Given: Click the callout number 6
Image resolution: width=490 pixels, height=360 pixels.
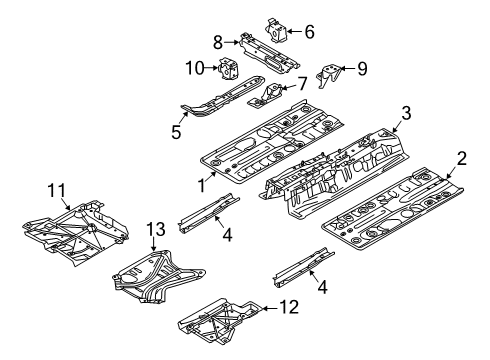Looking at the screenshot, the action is [x=310, y=32].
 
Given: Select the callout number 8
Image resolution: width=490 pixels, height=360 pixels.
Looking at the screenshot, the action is [x=218, y=43].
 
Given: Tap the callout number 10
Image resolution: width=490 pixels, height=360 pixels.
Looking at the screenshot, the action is [x=195, y=68].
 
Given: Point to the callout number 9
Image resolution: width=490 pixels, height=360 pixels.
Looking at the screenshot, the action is [x=362, y=69].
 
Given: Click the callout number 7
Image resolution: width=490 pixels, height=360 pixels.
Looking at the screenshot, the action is [x=302, y=84].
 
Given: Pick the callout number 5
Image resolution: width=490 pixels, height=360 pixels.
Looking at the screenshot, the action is [x=176, y=132].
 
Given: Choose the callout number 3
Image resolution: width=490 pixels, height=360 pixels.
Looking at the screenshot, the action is [x=406, y=113].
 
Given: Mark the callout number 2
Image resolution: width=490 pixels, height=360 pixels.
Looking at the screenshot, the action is [x=462, y=158].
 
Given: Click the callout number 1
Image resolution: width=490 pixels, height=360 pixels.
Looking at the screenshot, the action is [x=202, y=185].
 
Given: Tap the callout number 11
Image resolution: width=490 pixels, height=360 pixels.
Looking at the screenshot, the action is [x=57, y=191].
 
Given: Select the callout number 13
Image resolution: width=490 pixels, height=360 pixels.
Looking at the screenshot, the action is [x=156, y=229].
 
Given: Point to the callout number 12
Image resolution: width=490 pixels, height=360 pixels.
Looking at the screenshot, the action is [x=289, y=307].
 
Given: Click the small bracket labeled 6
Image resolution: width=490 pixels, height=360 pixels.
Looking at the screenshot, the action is [x=276, y=31].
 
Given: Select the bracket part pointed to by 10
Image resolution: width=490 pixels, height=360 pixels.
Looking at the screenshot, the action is [x=227, y=69].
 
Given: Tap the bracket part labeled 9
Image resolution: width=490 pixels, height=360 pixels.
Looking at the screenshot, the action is [x=328, y=76].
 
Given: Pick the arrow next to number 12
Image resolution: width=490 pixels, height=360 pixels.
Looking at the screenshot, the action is [x=270, y=308].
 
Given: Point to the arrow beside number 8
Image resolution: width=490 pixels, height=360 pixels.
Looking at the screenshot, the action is [x=232, y=42].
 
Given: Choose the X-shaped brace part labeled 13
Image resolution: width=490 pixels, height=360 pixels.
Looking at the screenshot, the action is [x=158, y=277].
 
